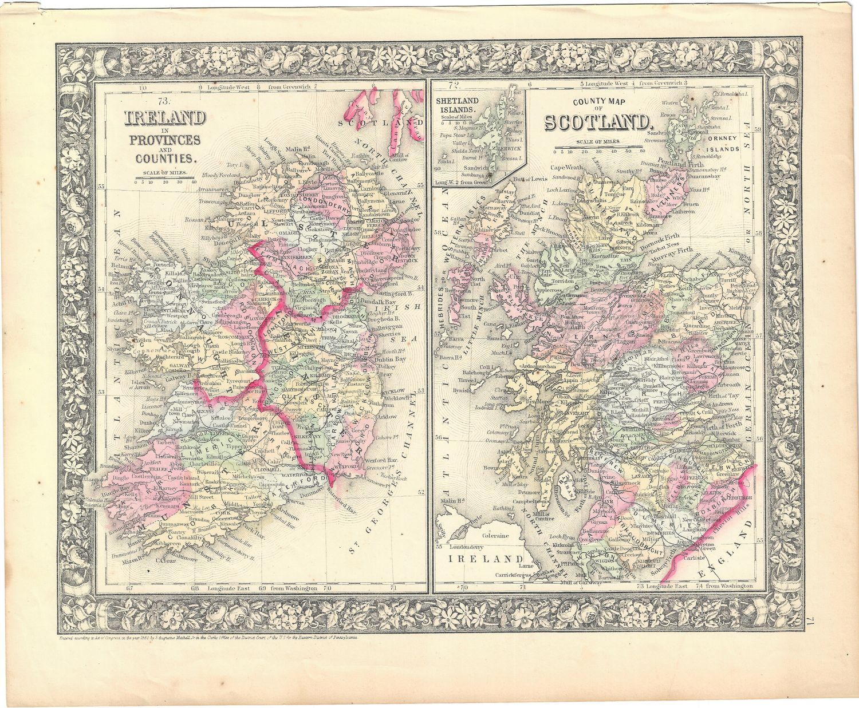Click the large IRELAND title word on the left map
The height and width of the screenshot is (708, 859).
(165, 118)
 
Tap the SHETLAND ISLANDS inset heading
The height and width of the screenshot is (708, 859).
(457, 105)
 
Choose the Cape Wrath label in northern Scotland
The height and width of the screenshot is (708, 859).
(566, 168)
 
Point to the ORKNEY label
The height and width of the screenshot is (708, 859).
(724, 139)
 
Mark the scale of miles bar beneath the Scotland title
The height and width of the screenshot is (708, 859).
(599, 148)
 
